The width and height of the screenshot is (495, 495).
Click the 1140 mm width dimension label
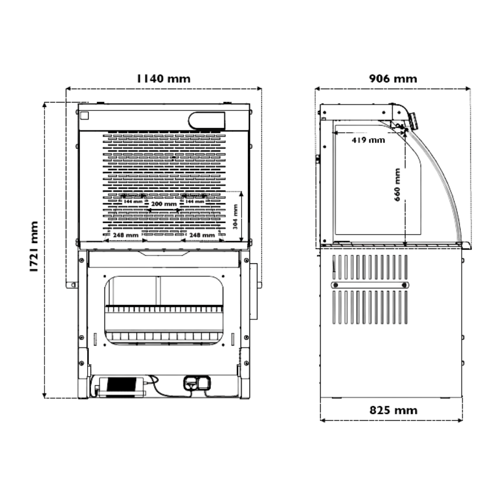point(163,78)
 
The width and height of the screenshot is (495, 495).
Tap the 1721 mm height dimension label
point(34,247)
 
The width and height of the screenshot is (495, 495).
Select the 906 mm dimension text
point(393,79)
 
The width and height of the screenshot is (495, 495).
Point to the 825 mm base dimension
point(394,410)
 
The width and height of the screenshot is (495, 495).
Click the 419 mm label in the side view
point(368,140)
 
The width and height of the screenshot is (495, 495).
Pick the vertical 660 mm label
point(397,185)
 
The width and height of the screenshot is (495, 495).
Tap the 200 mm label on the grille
point(164,204)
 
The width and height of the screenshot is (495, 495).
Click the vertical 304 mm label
point(235,217)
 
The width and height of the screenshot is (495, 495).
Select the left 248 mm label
point(126,235)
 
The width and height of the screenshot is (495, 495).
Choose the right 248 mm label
point(202,235)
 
